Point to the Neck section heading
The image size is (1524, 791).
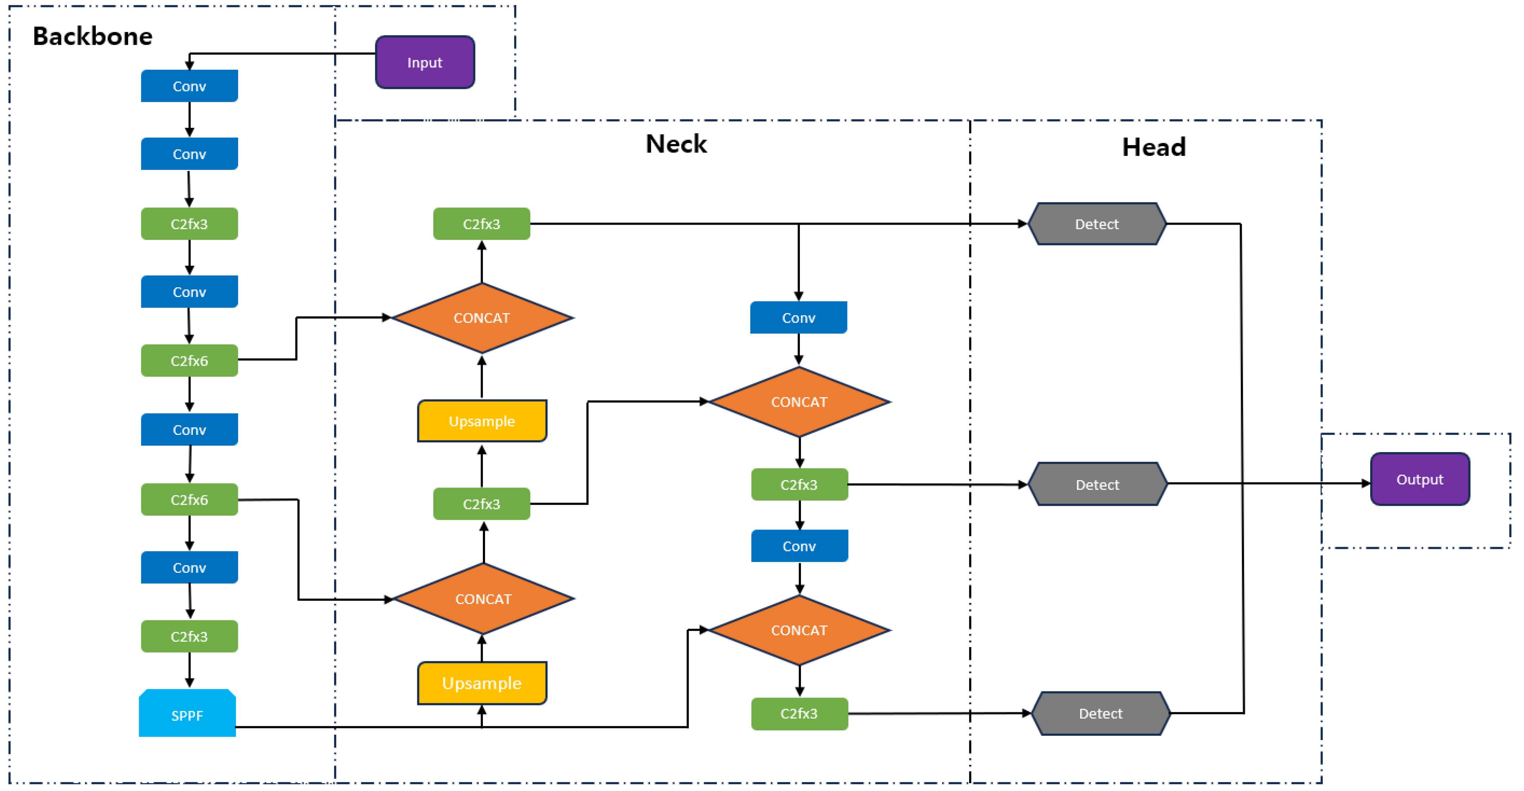point(676,144)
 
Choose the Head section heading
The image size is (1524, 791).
point(1154,147)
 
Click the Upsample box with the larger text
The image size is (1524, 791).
point(481,683)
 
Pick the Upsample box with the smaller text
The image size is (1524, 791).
point(481,421)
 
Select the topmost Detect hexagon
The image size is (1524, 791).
point(1097,224)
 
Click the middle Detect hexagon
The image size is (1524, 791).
point(1097,484)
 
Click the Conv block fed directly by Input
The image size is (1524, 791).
point(189,86)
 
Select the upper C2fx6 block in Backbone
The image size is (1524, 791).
point(189,361)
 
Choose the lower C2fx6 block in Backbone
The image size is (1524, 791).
point(189,499)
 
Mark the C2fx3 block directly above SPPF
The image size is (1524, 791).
point(189,636)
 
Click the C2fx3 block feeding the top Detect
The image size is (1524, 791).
point(481,224)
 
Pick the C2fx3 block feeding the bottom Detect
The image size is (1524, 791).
point(799,714)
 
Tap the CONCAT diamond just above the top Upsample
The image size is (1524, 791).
point(481,318)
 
